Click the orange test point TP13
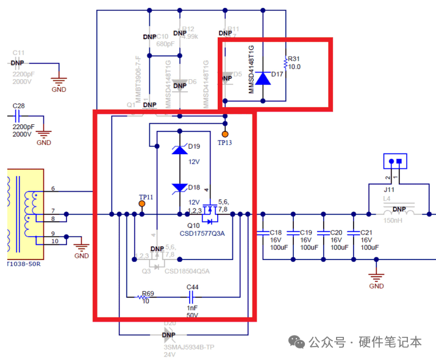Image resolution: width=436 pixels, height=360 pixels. pos(225,133)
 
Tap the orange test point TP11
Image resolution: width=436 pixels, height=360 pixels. pos(142,206)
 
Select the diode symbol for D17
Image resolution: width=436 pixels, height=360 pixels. pos(263,78)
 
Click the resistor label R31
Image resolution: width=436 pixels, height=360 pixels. pos(294,59)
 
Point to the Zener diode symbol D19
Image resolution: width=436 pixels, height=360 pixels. pos(179,150)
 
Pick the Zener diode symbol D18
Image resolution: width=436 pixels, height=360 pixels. pos(179,188)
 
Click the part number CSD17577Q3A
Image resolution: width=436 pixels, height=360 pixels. pos(202,233)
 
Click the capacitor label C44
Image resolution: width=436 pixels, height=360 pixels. pos(192,286)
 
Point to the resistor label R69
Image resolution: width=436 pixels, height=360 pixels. pos(148,294)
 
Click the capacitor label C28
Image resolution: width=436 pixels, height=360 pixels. pos(19,106)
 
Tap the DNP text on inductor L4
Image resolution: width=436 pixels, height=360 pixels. pos(399,209)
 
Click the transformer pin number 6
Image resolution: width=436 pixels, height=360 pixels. pos(53,189)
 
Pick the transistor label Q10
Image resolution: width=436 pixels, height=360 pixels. pos(185,225)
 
